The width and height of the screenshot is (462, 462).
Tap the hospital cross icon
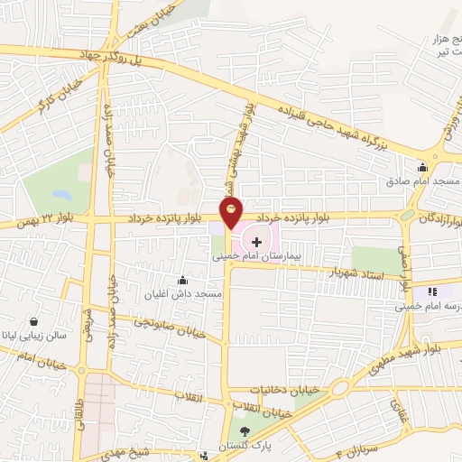tap(257, 242)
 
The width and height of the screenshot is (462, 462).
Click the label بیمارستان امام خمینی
tap(254, 256)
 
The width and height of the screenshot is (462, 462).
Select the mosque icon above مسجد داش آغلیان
tap(183, 279)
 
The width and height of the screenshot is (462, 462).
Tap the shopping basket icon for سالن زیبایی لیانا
tap(33, 321)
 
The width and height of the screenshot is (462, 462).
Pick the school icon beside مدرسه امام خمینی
tap(430, 291)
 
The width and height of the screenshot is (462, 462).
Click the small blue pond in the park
tap(60, 195)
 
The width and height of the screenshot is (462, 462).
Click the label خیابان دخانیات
tap(271, 390)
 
